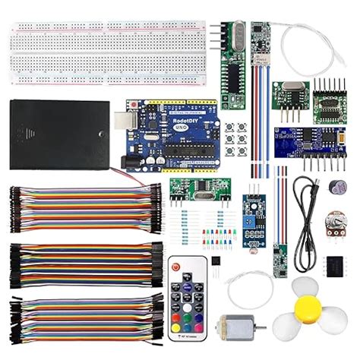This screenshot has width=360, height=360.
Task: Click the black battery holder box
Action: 59,134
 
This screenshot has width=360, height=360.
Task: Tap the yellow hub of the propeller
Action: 308,308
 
